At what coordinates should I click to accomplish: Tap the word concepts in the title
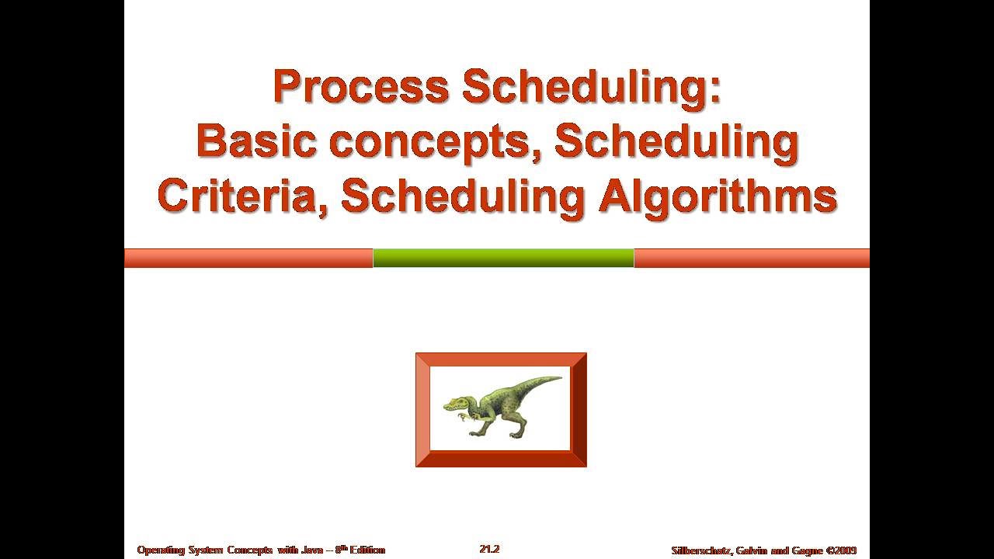(x=434, y=141)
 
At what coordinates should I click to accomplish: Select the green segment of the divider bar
(x=503, y=258)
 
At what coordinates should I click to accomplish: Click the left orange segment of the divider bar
(x=248, y=258)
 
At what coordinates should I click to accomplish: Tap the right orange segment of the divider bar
(x=752, y=258)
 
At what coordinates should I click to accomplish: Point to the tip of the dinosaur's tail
(x=559, y=379)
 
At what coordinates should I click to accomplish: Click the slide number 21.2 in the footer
(x=489, y=549)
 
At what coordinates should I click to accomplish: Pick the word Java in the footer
(x=311, y=550)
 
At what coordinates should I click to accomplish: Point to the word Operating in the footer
(x=160, y=550)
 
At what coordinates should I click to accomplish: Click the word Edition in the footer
(x=366, y=550)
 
